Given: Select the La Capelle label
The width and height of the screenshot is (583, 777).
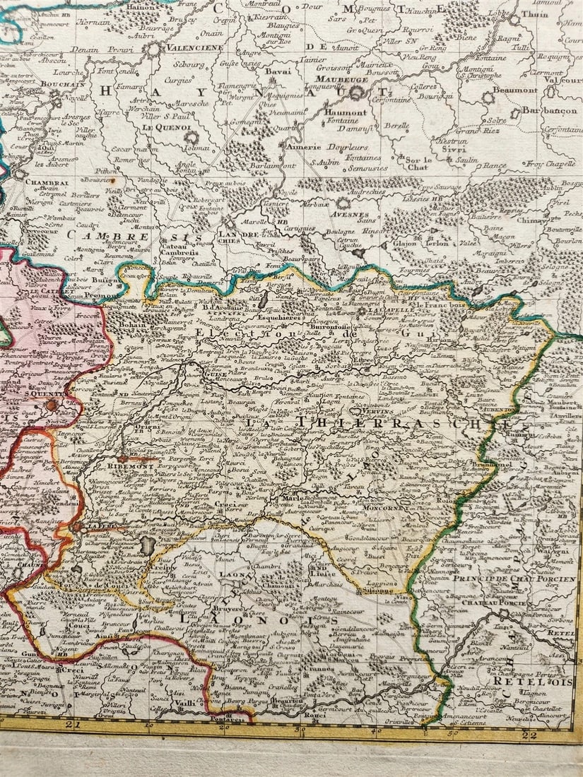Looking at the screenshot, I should pyautogui.click(x=387, y=312).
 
